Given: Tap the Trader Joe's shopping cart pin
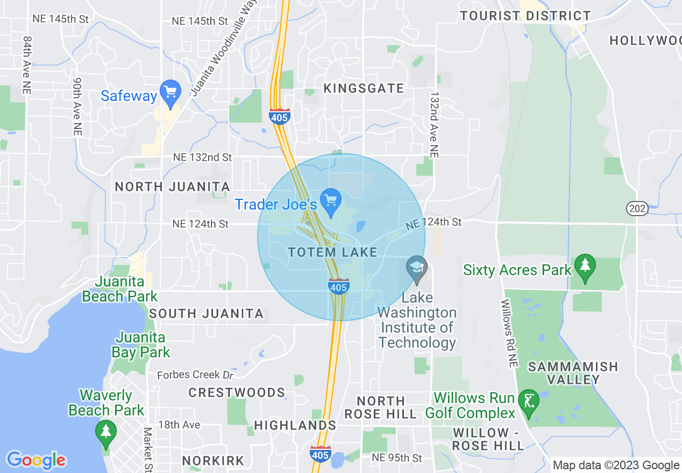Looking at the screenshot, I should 331,200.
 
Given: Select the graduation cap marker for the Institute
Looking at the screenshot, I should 416,268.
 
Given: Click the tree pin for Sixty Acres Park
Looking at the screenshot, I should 585,266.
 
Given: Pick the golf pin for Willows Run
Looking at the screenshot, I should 529,402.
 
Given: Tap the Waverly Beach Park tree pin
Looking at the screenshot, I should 105,433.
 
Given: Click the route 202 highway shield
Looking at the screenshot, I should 638,209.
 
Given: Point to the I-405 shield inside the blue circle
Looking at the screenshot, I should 339,286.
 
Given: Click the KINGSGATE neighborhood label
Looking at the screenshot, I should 364,89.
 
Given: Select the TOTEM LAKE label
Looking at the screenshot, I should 332,252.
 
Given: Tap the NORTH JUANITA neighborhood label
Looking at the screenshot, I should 172,187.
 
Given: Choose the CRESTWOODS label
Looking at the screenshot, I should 237,392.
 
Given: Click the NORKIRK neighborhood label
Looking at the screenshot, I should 213,461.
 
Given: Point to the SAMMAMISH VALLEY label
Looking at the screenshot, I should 573,373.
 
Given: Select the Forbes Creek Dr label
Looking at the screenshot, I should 196,375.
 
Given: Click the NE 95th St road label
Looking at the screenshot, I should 397,458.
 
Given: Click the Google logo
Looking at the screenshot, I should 36,461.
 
